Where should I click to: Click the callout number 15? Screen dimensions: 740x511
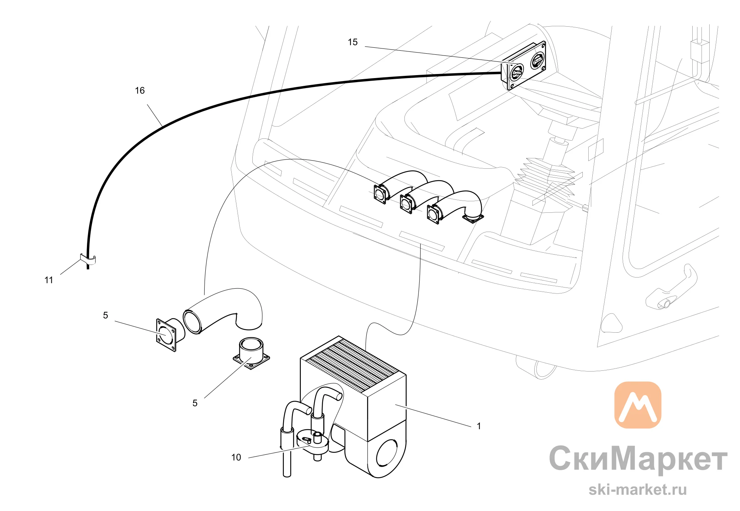353,42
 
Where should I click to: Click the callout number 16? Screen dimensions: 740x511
140,91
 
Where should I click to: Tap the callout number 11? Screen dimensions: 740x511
49,280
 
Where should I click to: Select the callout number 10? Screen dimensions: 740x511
236,457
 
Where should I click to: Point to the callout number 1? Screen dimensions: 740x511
479,426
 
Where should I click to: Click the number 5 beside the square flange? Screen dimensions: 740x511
105,315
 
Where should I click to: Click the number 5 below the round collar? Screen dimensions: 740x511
195,403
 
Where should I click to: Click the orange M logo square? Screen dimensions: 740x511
638,405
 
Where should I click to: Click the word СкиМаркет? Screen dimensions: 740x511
638,459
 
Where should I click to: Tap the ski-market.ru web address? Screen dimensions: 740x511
638,490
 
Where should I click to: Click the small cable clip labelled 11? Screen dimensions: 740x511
88,259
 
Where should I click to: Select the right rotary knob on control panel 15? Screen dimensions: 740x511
537,60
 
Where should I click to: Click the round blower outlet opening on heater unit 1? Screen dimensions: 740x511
387,453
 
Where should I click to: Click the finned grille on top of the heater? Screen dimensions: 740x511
353,364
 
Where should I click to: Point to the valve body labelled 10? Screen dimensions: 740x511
313,443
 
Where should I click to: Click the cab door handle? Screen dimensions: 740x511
672,287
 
